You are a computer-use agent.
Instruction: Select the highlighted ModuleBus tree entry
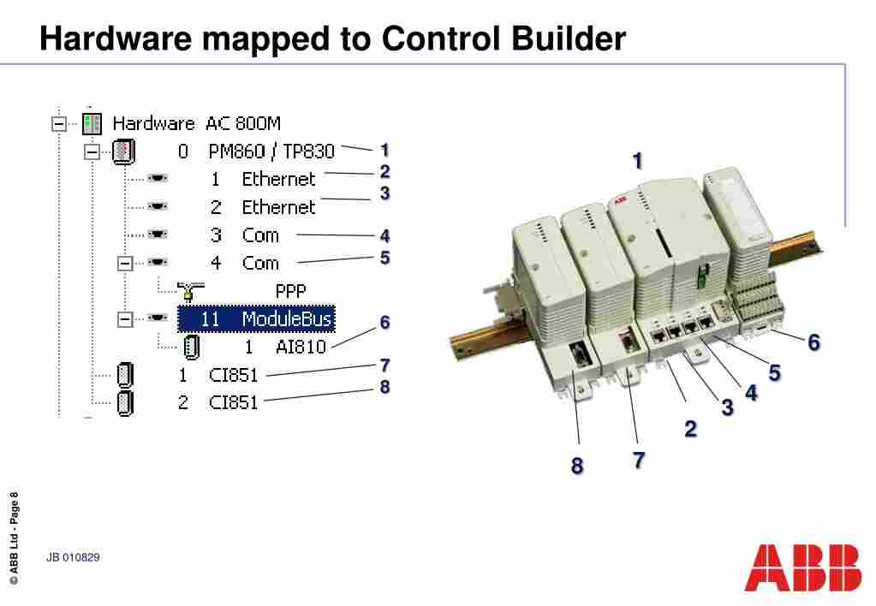click(255, 319)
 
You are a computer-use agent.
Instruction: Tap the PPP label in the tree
click(290, 290)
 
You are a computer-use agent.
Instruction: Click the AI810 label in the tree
click(301, 347)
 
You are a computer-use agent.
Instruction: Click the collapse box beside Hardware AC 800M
click(59, 123)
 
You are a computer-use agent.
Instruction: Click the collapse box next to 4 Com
click(125, 263)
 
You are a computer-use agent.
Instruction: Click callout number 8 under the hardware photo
click(577, 466)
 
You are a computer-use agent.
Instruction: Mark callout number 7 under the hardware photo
click(639, 460)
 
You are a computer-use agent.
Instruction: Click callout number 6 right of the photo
click(813, 342)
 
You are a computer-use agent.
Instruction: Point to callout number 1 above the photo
click(637, 161)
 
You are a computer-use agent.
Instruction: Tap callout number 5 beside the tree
click(385, 257)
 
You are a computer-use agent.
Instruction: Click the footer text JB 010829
click(74, 558)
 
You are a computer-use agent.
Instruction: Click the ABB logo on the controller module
click(620, 202)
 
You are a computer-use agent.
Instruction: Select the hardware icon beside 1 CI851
click(125, 375)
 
